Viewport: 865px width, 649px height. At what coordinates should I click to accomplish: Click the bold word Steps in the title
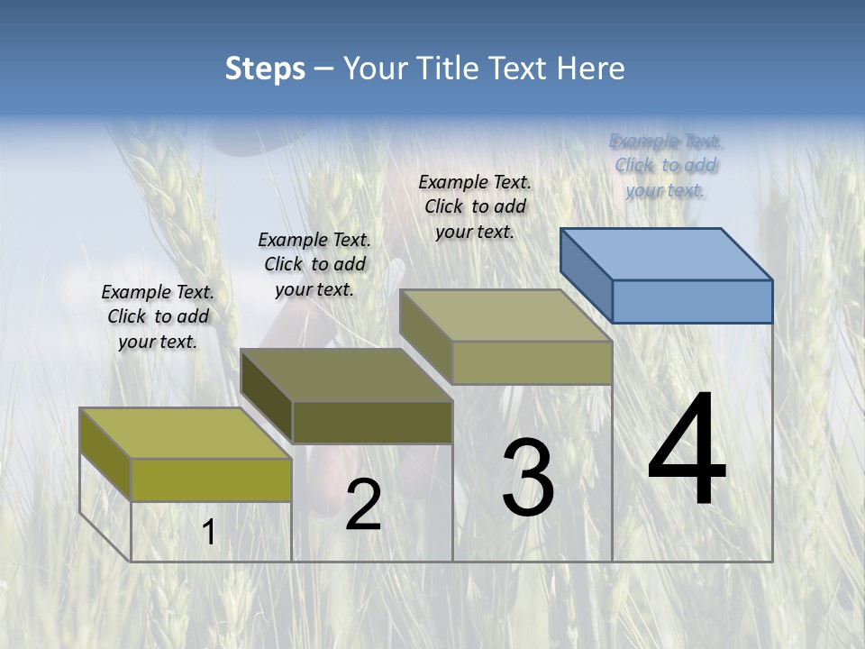265,69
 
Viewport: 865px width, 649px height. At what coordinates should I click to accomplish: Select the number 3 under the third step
528,478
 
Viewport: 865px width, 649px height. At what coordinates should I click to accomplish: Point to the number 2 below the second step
363,505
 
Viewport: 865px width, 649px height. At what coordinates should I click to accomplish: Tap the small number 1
209,533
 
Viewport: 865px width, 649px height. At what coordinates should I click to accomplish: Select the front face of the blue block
692,301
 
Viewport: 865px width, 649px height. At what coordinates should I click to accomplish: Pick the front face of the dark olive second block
372,422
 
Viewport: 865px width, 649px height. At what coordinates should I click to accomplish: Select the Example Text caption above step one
158,316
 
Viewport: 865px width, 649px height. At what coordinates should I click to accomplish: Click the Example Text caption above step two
314,264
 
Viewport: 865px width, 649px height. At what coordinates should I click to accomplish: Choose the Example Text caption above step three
475,206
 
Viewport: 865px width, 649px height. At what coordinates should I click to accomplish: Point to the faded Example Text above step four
666,165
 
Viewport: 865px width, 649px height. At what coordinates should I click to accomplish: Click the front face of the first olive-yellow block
211,480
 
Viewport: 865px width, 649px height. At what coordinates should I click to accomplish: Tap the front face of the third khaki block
532,362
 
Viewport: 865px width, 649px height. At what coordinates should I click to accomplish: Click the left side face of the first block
105,453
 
